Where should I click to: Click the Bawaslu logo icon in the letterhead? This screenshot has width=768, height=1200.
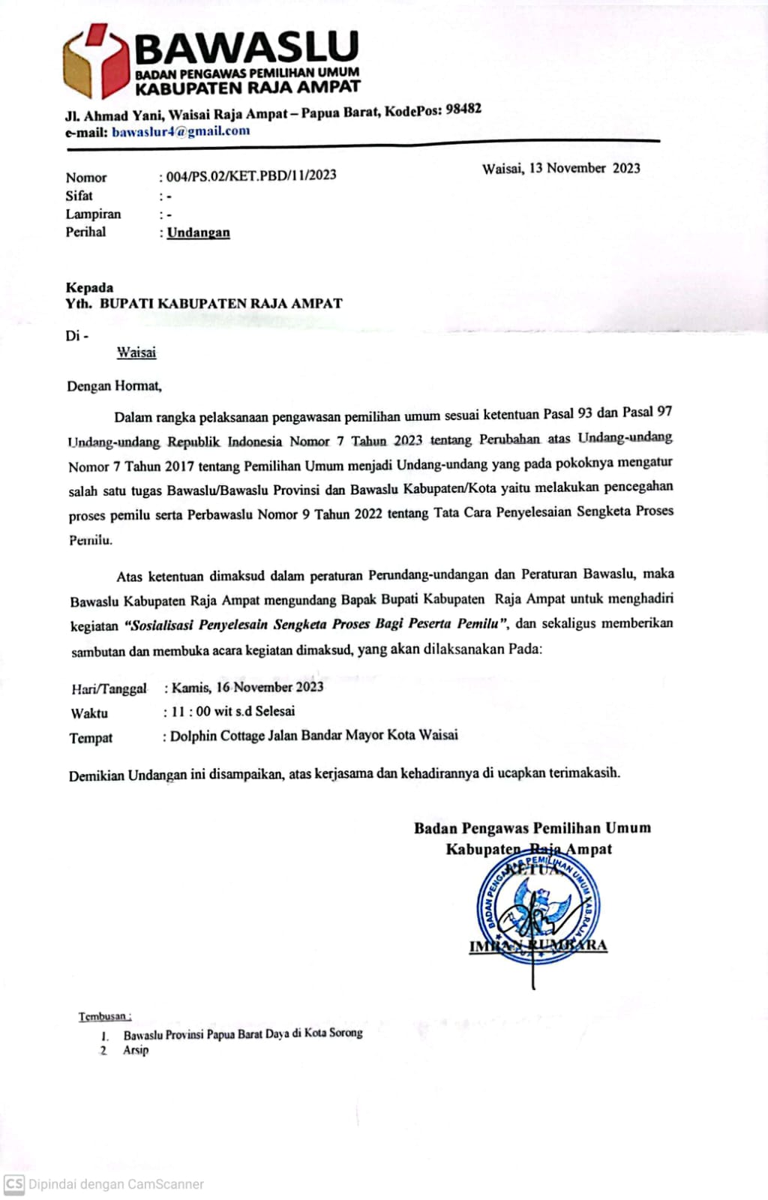click(96, 61)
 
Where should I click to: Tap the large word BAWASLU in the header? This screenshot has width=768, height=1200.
click(247, 47)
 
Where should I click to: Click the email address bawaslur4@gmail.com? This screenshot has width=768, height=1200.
click(181, 132)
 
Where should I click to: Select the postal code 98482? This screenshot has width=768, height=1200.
click(463, 109)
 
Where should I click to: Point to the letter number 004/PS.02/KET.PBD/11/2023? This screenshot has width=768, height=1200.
click(251, 175)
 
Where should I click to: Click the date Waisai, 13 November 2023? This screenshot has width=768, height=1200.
click(561, 168)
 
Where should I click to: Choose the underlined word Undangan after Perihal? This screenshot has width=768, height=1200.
click(198, 232)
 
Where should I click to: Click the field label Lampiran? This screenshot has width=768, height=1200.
click(93, 214)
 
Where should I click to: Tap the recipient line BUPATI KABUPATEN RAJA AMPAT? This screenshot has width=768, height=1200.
click(220, 304)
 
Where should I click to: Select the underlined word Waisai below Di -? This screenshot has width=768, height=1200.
click(136, 352)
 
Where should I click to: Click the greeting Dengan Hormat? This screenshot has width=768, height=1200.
click(114, 386)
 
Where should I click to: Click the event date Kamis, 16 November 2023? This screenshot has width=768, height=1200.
click(247, 687)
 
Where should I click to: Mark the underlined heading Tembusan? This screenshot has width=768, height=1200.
click(104, 1017)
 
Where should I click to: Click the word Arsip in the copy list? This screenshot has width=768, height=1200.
click(136, 1050)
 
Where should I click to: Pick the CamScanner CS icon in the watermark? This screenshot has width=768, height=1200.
click(14, 1184)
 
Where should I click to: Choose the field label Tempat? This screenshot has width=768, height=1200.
click(91, 738)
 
